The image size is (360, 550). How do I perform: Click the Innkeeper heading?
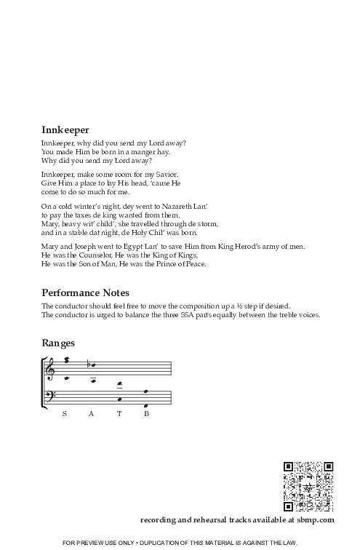(65, 129)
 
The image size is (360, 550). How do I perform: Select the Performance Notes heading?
(86, 292)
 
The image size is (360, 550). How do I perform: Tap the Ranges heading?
(58, 342)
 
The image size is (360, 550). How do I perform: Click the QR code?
(307, 486)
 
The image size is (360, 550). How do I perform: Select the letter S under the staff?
(65, 414)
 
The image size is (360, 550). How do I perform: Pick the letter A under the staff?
(92, 414)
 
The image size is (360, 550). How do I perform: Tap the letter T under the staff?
(119, 414)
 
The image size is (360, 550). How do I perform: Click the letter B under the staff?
(146, 414)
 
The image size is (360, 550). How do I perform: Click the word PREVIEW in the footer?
(100, 543)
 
